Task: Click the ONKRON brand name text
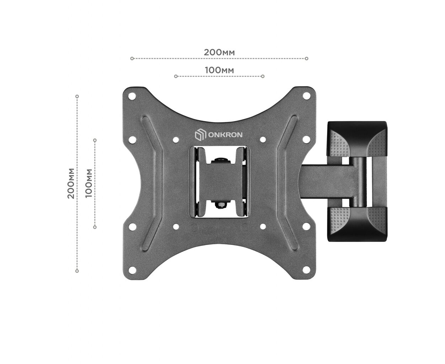[225, 135]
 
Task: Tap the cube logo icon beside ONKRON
[200, 135]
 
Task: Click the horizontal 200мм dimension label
[219, 52]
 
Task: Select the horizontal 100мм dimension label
[219, 70]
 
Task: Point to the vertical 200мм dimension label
[71, 183]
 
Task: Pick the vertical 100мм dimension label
[89, 183]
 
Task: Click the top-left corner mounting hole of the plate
[132, 96]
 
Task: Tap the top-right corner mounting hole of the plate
[306, 96]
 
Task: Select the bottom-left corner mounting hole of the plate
[132, 270]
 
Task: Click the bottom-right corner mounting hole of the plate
[306, 270]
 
